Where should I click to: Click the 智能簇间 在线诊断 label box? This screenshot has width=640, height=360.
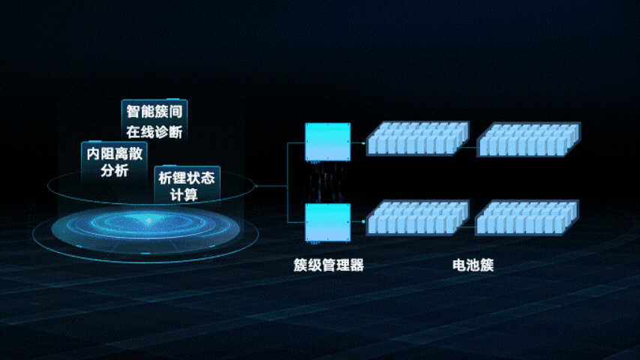click(x=155, y=121)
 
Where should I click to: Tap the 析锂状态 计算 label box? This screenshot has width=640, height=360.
click(x=186, y=185)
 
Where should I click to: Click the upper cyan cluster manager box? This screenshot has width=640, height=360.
click(x=328, y=141)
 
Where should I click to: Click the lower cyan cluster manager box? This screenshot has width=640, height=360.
click(x=328, y=223)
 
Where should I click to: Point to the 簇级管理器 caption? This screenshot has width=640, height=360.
click(x=329, y=265)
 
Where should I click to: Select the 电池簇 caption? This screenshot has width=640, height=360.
click(x=473, y=265)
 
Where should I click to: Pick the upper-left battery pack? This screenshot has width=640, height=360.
click(x=417, y=139)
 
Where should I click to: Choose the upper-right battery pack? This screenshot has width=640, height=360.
click(x=529, y=139)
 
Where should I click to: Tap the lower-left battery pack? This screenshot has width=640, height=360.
click(x=417, y=218)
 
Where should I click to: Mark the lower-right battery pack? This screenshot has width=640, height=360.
click(x=527, y=218)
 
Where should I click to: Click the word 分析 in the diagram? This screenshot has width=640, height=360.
click(x=115, y=171)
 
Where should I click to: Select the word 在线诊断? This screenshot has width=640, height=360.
click(x=155, y=131)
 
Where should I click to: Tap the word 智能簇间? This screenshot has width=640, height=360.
click(x=155, y=112)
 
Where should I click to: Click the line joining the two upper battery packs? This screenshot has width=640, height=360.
click(x=473, y=147)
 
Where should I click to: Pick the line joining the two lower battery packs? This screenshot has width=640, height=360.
click(x=472, y=222)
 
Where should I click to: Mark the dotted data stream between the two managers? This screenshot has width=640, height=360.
click(x=328, y=182)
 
